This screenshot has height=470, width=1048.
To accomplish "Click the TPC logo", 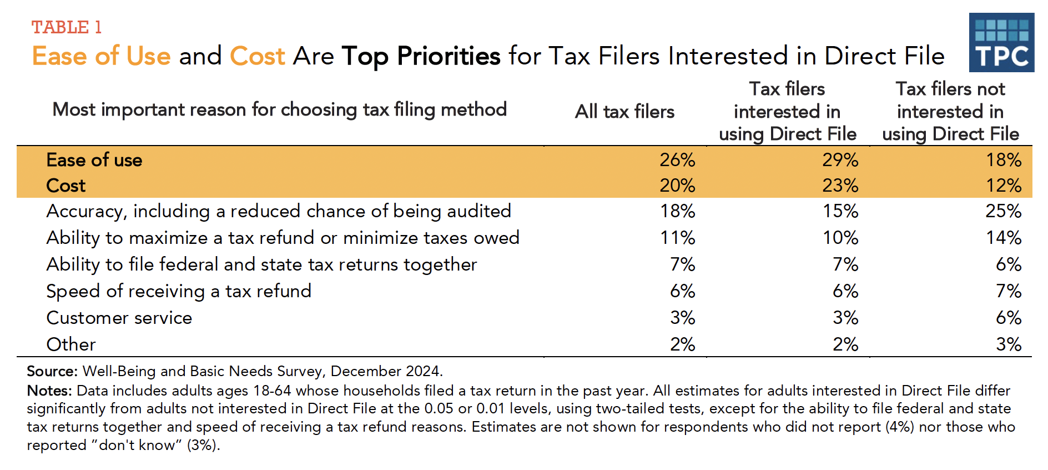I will pos(1001,43).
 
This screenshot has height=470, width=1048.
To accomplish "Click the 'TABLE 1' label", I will pos(67,27).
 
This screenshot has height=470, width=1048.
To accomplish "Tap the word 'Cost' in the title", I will pos(257,56).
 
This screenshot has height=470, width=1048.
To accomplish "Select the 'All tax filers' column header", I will pos(624,112).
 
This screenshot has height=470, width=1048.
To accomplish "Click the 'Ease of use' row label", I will pos(94,160).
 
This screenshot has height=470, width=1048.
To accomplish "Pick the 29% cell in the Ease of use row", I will pos(840,160).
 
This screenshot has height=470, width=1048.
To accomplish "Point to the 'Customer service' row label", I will pos(119,318).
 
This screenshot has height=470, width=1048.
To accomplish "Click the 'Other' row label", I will pos(71,344).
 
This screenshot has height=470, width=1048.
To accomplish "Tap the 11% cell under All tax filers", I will pos(677,238).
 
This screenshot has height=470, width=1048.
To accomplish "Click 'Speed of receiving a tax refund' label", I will pos(179,291).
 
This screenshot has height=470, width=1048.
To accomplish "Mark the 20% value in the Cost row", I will pos(677,186).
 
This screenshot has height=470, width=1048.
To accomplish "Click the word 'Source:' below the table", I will pos(52,371).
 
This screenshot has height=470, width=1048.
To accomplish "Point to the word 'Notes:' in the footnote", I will pos(49,391).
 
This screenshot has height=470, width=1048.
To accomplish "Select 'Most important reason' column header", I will pos(279,109).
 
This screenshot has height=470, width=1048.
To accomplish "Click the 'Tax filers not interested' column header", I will pos(950,112).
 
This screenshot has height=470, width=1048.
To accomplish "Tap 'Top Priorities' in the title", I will pos(421,56).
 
